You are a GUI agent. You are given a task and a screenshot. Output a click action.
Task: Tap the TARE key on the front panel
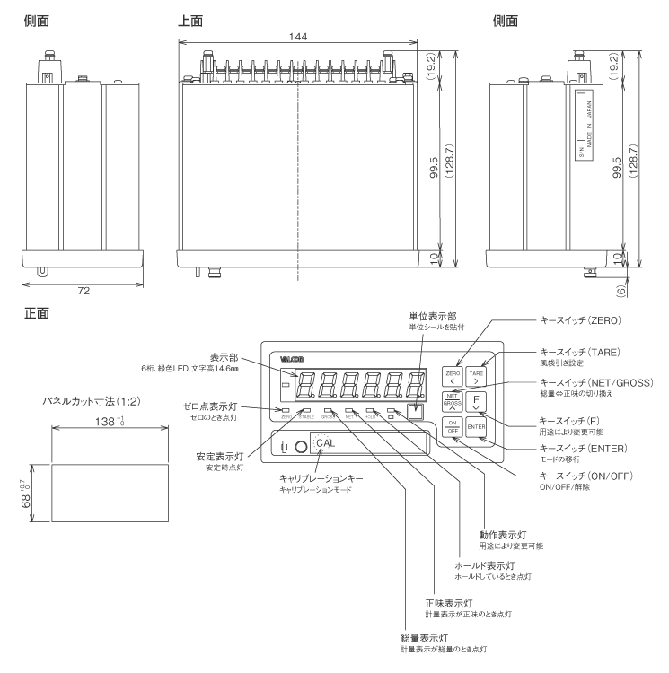(477, 375)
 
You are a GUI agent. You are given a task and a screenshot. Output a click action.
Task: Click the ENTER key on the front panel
(476, 427)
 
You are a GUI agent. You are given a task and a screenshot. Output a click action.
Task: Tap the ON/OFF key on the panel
(453, 427)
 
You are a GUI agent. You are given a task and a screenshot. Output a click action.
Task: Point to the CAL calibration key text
(324, 443)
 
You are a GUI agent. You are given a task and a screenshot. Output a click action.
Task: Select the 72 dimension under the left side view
(84, 293)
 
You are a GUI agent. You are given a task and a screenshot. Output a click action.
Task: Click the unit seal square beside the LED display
(413, 413)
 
